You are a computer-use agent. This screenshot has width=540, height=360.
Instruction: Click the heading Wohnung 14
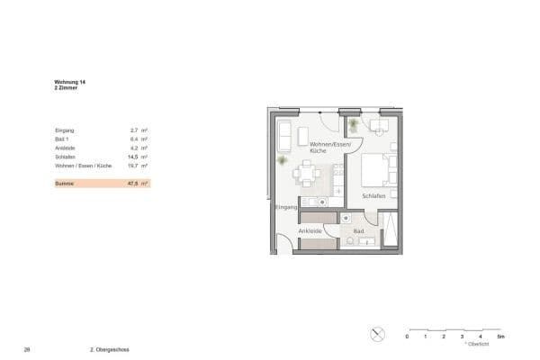(69, 82)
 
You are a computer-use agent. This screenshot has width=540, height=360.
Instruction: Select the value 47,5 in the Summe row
(133, 184)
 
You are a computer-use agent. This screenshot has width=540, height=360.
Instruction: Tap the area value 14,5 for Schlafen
(133, 157)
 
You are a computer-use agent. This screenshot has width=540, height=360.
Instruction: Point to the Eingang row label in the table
(64, 130)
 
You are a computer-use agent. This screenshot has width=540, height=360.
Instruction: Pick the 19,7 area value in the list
(133, 166)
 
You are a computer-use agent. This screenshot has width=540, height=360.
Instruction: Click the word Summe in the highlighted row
(64, 184)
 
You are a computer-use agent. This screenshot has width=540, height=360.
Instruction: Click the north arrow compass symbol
(377, 334)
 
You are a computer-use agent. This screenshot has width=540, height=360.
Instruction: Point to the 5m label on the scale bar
(501, 337)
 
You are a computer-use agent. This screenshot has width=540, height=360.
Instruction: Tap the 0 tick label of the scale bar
(407, 337)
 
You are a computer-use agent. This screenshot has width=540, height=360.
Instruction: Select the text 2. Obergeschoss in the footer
(110, 349)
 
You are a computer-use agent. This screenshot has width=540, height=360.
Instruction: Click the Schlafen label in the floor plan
(373, 196)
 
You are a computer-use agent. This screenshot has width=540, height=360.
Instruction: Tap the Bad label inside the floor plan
(358, 231)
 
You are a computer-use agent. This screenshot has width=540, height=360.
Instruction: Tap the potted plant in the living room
(282, 161)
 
